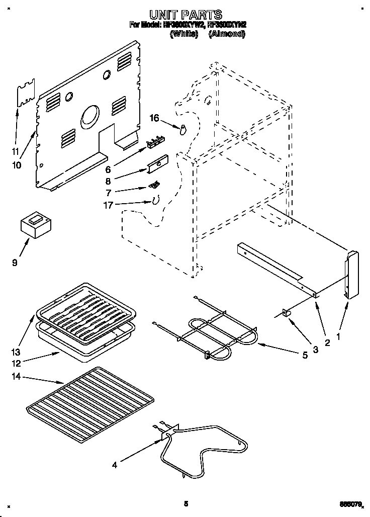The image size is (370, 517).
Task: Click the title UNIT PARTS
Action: (x=186, y=15)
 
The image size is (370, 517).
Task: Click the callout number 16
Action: (x=155, y=118)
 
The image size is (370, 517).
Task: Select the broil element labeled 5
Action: (x=211, y=334)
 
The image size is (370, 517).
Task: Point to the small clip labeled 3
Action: (x=288, y=313)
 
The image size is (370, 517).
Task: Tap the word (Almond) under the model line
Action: (x=226, y=34)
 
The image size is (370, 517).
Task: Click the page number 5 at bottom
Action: (x=186, y=503)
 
